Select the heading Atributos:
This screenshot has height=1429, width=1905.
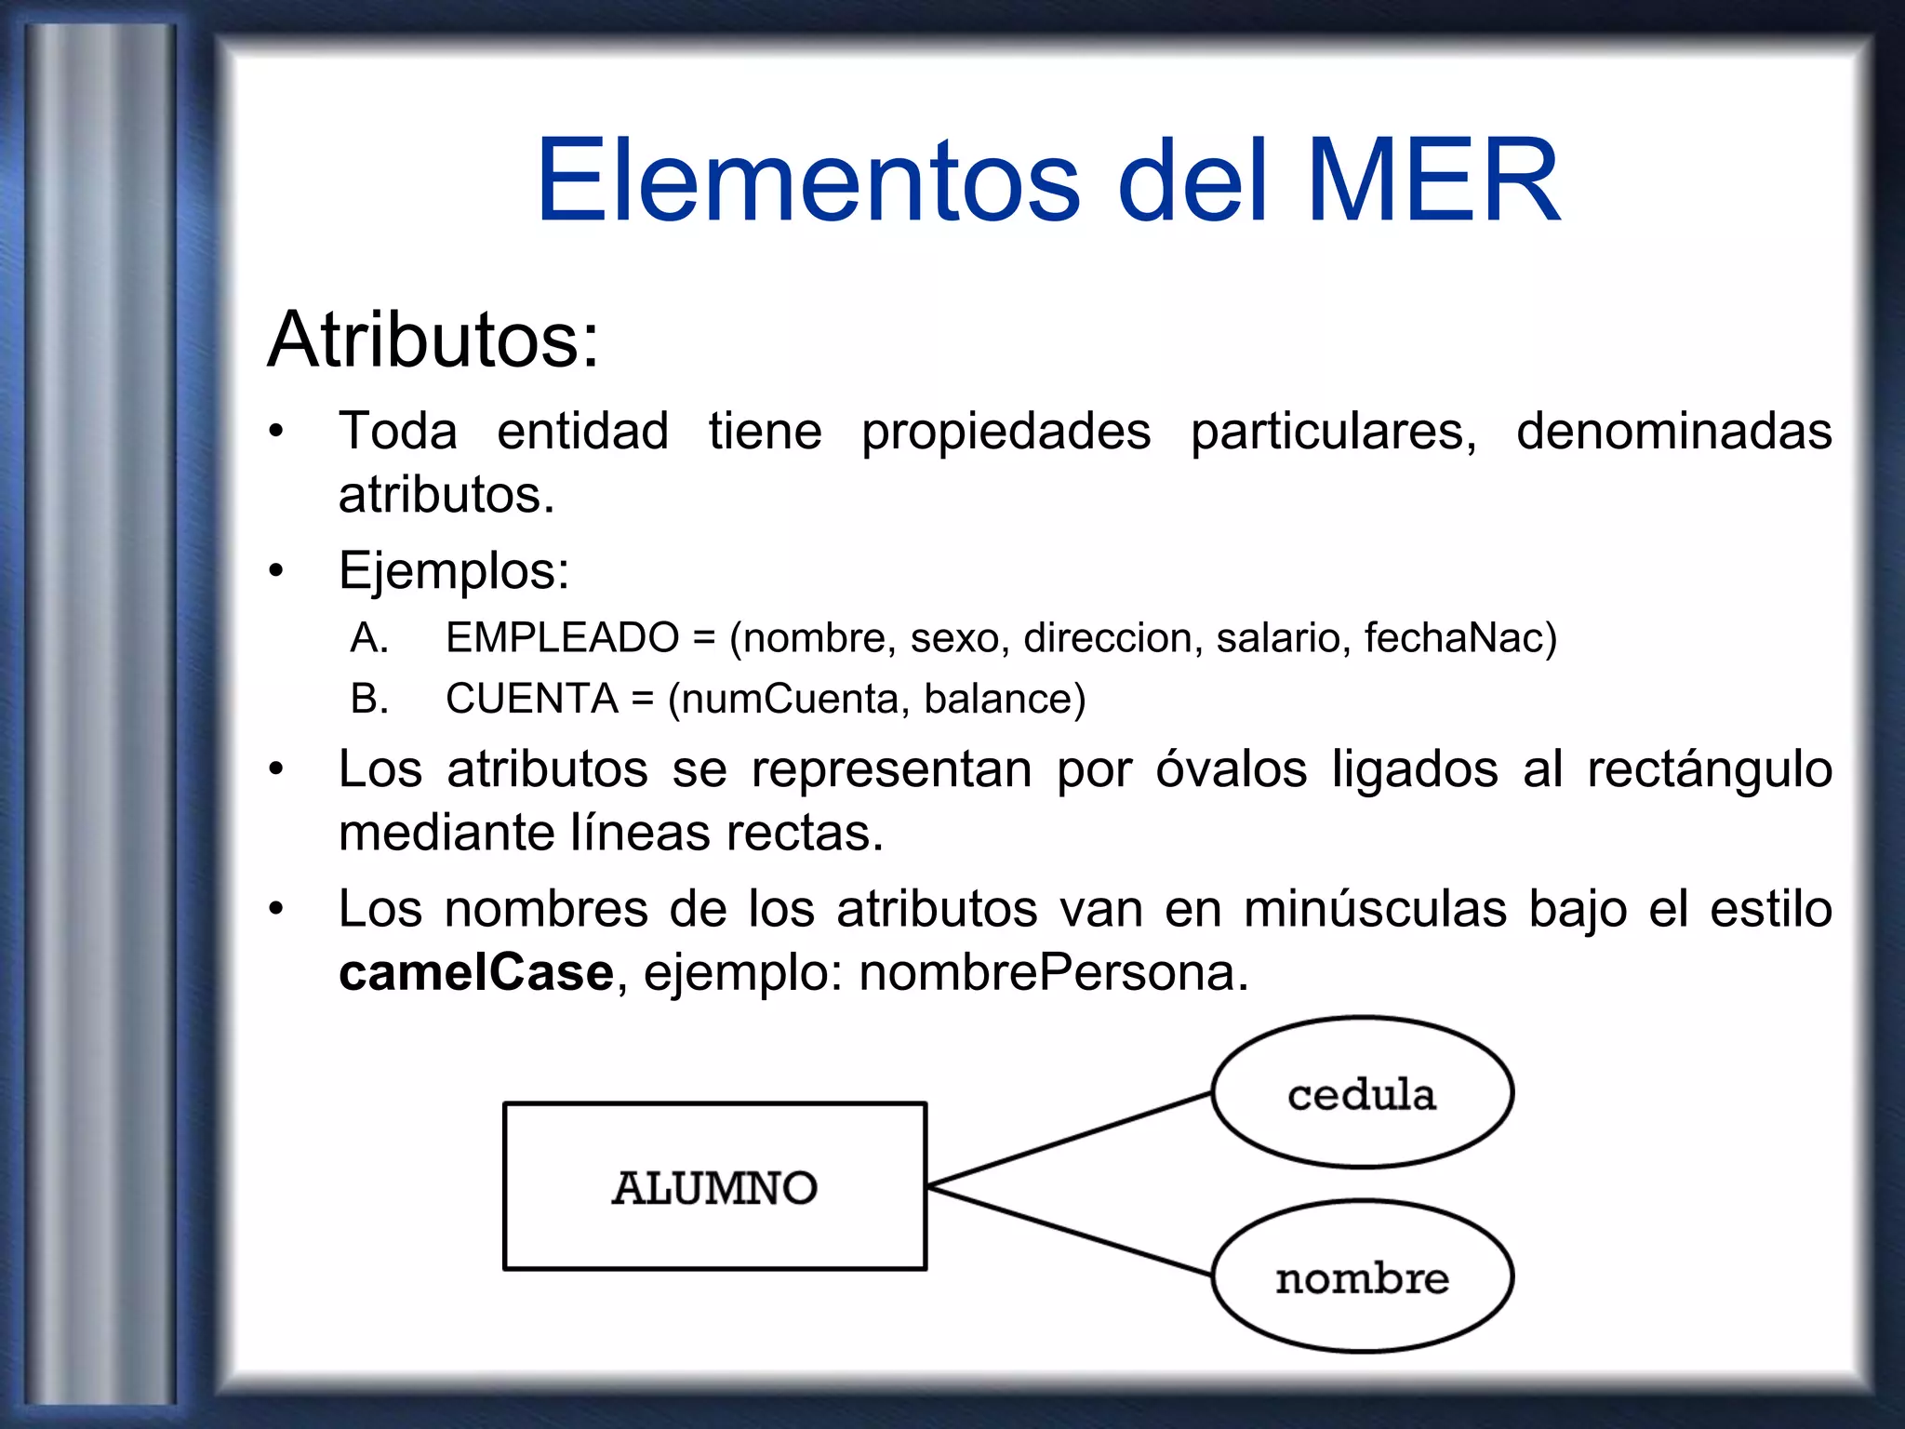[433, 341]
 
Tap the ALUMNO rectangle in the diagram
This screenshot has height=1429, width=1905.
[714, 1186]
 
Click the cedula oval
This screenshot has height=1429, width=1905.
[1362, 1093]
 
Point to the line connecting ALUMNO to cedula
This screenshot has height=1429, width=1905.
[1070, 1140]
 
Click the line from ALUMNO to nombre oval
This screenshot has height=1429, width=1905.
[1070, 1230]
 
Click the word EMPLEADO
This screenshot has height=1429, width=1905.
[562, 638]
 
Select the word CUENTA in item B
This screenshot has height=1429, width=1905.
[531, 699]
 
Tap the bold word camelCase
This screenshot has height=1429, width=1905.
[475, 973]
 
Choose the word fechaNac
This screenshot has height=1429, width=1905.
[1458, 638]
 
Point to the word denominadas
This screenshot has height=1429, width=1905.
[1673, 432]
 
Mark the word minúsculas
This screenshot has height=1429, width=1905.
[1374, 909]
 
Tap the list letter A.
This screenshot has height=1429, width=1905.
[368, 638]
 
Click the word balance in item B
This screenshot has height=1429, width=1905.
[1003, 699]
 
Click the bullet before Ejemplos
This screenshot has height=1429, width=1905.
[276, 571]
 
